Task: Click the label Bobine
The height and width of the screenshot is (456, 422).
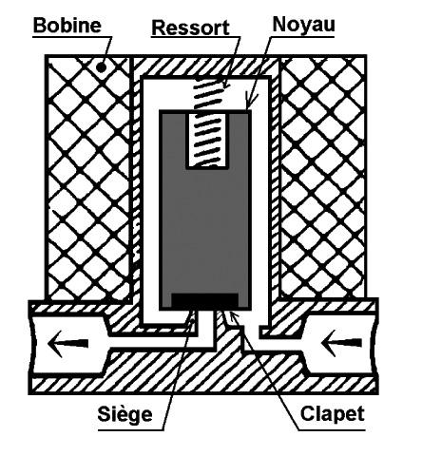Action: (x=67, y=26)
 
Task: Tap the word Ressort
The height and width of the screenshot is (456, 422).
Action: (x=190, y=28)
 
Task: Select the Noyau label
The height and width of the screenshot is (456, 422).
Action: (x=303, y=24)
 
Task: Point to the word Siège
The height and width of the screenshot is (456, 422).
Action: (x=125, y=414)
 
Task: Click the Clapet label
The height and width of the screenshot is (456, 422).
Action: (x=333, y=413)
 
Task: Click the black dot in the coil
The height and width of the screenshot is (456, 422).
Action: (x=101, y=67)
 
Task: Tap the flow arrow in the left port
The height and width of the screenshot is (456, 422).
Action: (x=67, y=343)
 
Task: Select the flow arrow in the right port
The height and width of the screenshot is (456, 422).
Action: (x=340, y=343)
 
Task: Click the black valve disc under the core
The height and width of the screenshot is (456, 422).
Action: (x=204, y=300)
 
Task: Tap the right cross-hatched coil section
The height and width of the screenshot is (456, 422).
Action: (x=322, y=178)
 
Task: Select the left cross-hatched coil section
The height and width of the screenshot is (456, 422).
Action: (x=88, y=178)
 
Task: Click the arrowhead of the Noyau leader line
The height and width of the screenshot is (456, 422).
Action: (x=249, y=104)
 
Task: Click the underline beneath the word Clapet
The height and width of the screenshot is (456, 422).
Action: (x=332, y=430)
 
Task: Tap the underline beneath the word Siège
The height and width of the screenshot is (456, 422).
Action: (x=131, y=430)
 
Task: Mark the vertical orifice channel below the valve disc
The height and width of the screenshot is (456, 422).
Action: (x=205, y=326)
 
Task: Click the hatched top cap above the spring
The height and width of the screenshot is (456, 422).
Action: (x=206, y=66)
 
